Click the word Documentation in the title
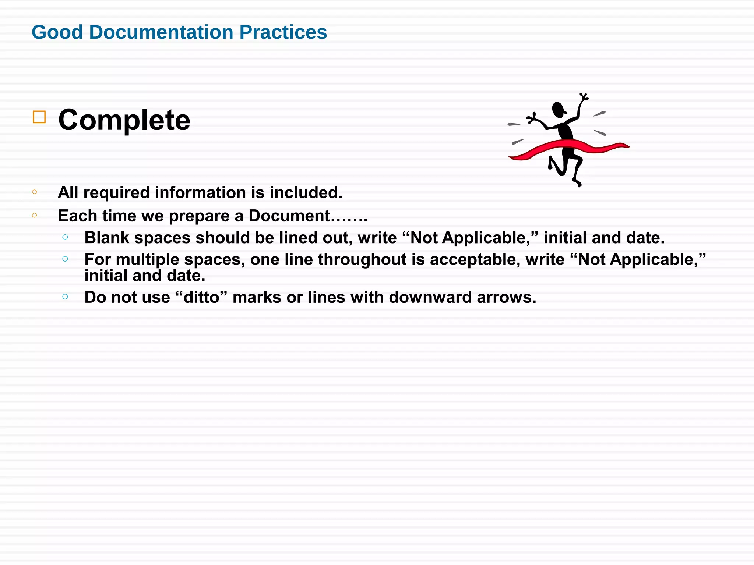coord(161,32)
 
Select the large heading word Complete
coord(124,120)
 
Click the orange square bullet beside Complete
coord(39,117)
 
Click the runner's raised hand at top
coord(584,97)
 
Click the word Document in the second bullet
coord(289,216)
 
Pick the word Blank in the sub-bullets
coord(107,238)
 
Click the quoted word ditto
coord(201,297)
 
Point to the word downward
coord(430,297)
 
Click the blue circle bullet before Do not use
coord(65,296)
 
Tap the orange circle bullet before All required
coord(35,192)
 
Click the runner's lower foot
coord(577,183)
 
